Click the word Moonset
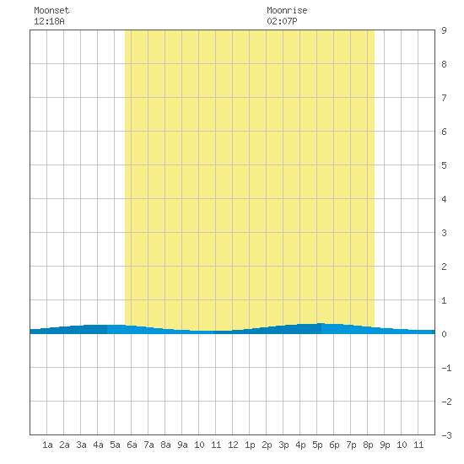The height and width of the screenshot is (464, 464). (x=51, y=10)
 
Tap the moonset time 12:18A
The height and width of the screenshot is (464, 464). (x=49, y=21)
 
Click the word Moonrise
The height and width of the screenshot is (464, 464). (x=287, y=10)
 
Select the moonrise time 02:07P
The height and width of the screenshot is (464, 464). (x=282, y=21)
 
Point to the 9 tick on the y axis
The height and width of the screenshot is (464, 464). (x=444, y=30)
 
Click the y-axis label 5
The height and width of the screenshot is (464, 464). (x=444, y=165)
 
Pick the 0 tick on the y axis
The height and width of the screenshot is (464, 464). (x=444, y=334)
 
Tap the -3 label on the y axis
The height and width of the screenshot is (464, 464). (x=446, y=435)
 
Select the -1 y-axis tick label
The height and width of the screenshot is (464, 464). (x=446, y=368)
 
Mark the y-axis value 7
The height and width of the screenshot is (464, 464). (x=444, y=98)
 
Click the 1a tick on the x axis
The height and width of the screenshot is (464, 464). (x=47, y=445)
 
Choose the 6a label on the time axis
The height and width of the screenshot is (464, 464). (x=132, y=445)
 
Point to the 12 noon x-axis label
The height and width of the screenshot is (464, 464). (x=233, y=445)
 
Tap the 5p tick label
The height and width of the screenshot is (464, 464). (x=317, y=445)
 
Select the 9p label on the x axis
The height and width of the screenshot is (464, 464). (x=385, y=445)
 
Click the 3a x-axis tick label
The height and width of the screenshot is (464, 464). (x=81, y=445)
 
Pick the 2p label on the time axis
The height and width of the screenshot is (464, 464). (x=267, y=445)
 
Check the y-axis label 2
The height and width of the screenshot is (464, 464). (x=444, y=267)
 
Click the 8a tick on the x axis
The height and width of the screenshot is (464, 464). (x=165, y=445)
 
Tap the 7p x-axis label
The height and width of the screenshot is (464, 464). (x=351, y=445)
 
